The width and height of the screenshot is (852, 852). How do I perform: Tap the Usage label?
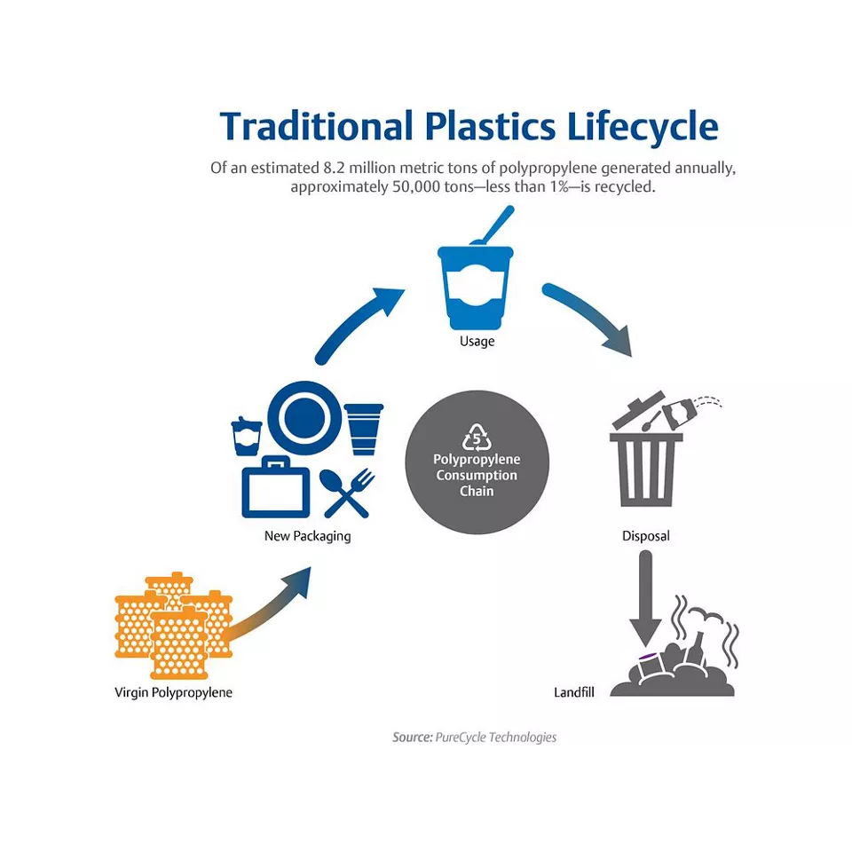[x=477, y=342]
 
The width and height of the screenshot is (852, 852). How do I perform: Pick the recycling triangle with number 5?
[x=477, y=437]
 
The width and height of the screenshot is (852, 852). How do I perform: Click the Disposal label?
[x=645, y=536]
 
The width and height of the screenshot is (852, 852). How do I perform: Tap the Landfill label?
[x=573, y=691]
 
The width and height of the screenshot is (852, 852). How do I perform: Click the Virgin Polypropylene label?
[x=173, y=691]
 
